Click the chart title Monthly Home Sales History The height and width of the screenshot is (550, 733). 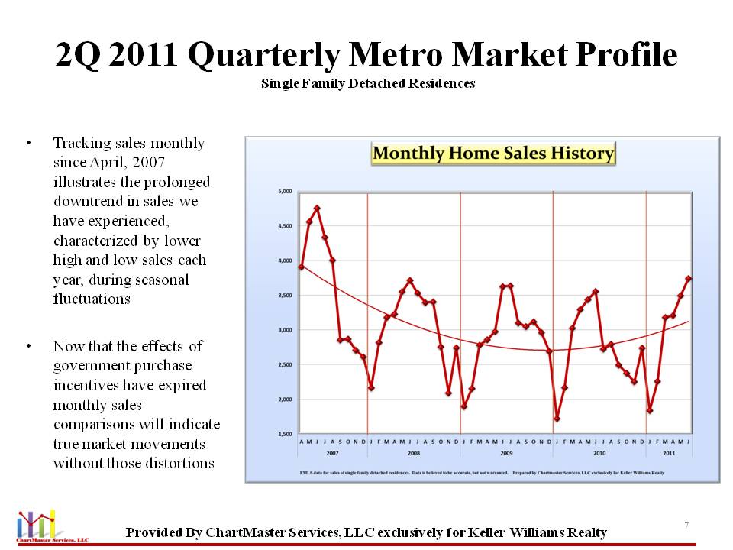pos(493,154)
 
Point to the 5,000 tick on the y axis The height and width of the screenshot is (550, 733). pos(283,192)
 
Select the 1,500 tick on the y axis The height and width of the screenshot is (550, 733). pos(283,435)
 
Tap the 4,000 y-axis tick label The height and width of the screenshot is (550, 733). pos(283,261)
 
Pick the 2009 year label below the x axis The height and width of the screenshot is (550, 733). pos(506,452)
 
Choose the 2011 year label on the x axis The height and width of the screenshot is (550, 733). pos(670,452)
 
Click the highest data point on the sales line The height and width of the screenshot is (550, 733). pos(317,208)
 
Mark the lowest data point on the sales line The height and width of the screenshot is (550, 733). pos(557,419)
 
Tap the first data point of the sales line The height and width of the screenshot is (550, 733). pos(302,267)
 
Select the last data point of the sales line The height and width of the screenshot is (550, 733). pos(689,278)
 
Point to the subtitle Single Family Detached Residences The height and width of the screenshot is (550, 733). pos(368,83)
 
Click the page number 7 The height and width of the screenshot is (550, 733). pos(686,526)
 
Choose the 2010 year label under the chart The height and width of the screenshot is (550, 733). pos(599,452)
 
